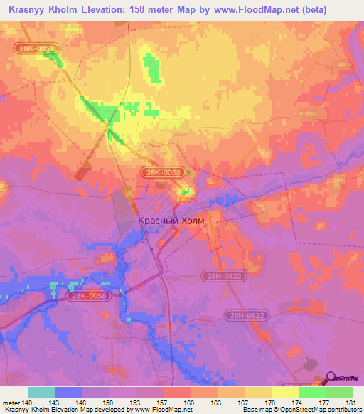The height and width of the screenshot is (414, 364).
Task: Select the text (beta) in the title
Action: [341, 9]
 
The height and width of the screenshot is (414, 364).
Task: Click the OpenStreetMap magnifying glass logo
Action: [331, 377]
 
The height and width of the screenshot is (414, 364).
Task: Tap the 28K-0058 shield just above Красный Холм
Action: [163, 172]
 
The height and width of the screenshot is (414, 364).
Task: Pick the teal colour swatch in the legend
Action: [42, 392]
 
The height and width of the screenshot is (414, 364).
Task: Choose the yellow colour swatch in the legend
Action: [257, 392]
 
